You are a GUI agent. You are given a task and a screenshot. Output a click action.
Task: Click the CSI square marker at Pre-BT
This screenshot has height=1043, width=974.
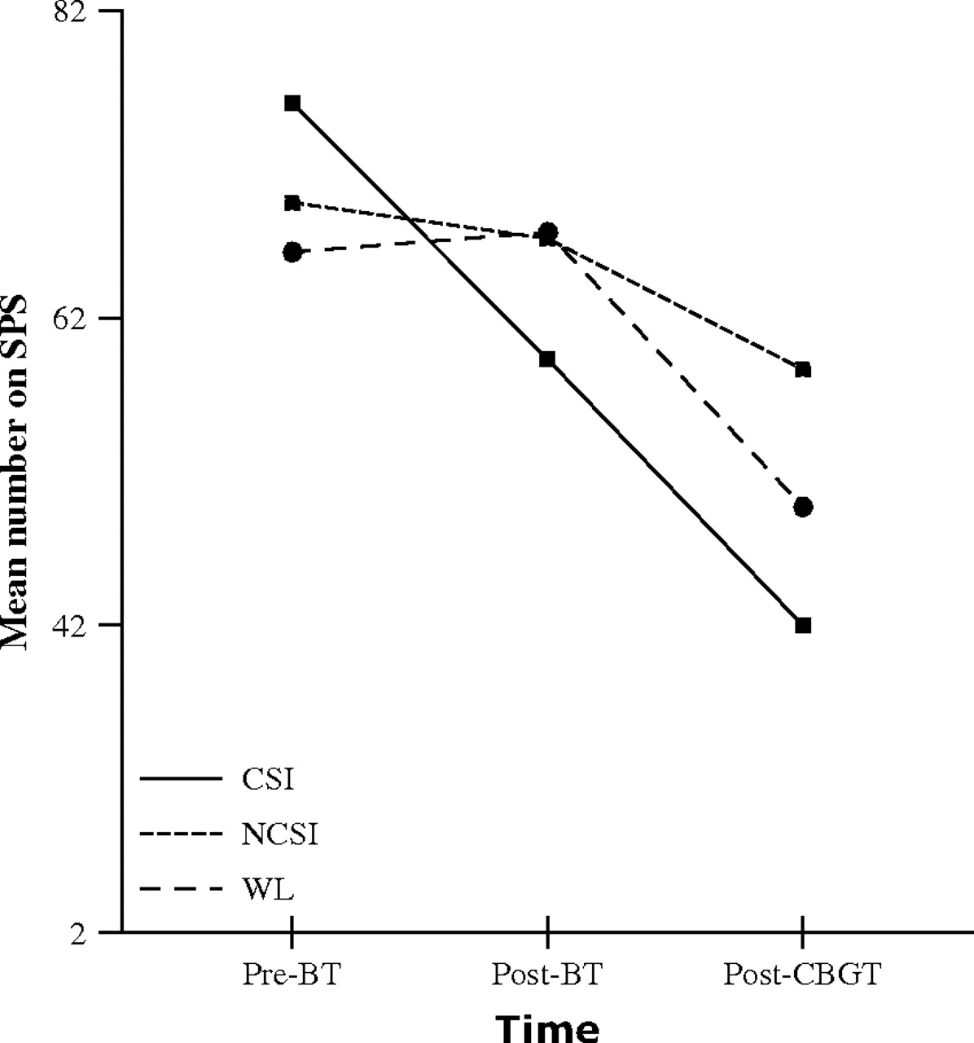(292, 103)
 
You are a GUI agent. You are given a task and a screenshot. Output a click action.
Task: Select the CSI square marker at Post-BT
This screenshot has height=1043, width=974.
(547, 359)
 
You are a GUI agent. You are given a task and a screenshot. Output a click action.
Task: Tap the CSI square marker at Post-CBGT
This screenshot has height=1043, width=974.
(803, 625)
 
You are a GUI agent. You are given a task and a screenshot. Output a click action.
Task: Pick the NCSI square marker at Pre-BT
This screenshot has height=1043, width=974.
(292, 202)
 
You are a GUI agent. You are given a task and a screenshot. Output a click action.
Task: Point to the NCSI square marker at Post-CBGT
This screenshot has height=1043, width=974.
(803, 369)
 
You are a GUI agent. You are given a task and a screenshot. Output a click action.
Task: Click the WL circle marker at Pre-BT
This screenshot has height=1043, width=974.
(292, 252)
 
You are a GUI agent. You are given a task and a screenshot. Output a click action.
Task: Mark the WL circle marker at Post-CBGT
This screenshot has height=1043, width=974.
(803, 507)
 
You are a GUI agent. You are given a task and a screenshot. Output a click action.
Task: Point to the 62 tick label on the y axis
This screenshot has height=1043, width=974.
(72, 318)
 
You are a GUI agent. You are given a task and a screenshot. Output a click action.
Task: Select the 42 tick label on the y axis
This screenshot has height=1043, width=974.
(72, 625)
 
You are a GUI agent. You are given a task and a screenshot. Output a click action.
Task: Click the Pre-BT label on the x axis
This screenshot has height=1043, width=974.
(290, 975)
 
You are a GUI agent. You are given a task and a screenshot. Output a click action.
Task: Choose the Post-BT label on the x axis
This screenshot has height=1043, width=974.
(546, 975)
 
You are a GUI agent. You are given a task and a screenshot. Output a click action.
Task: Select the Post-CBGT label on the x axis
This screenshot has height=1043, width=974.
(802, 975)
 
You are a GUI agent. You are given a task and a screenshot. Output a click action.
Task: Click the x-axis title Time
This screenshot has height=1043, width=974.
(547, 1027)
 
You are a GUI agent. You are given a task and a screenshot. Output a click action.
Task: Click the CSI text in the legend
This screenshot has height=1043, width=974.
(267, 780)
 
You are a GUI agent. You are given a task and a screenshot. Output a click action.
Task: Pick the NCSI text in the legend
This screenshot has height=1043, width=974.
(279, 834)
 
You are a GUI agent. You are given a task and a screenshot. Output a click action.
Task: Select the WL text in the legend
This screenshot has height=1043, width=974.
(267, 888)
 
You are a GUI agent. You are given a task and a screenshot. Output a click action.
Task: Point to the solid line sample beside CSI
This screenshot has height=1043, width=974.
(181, 780)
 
